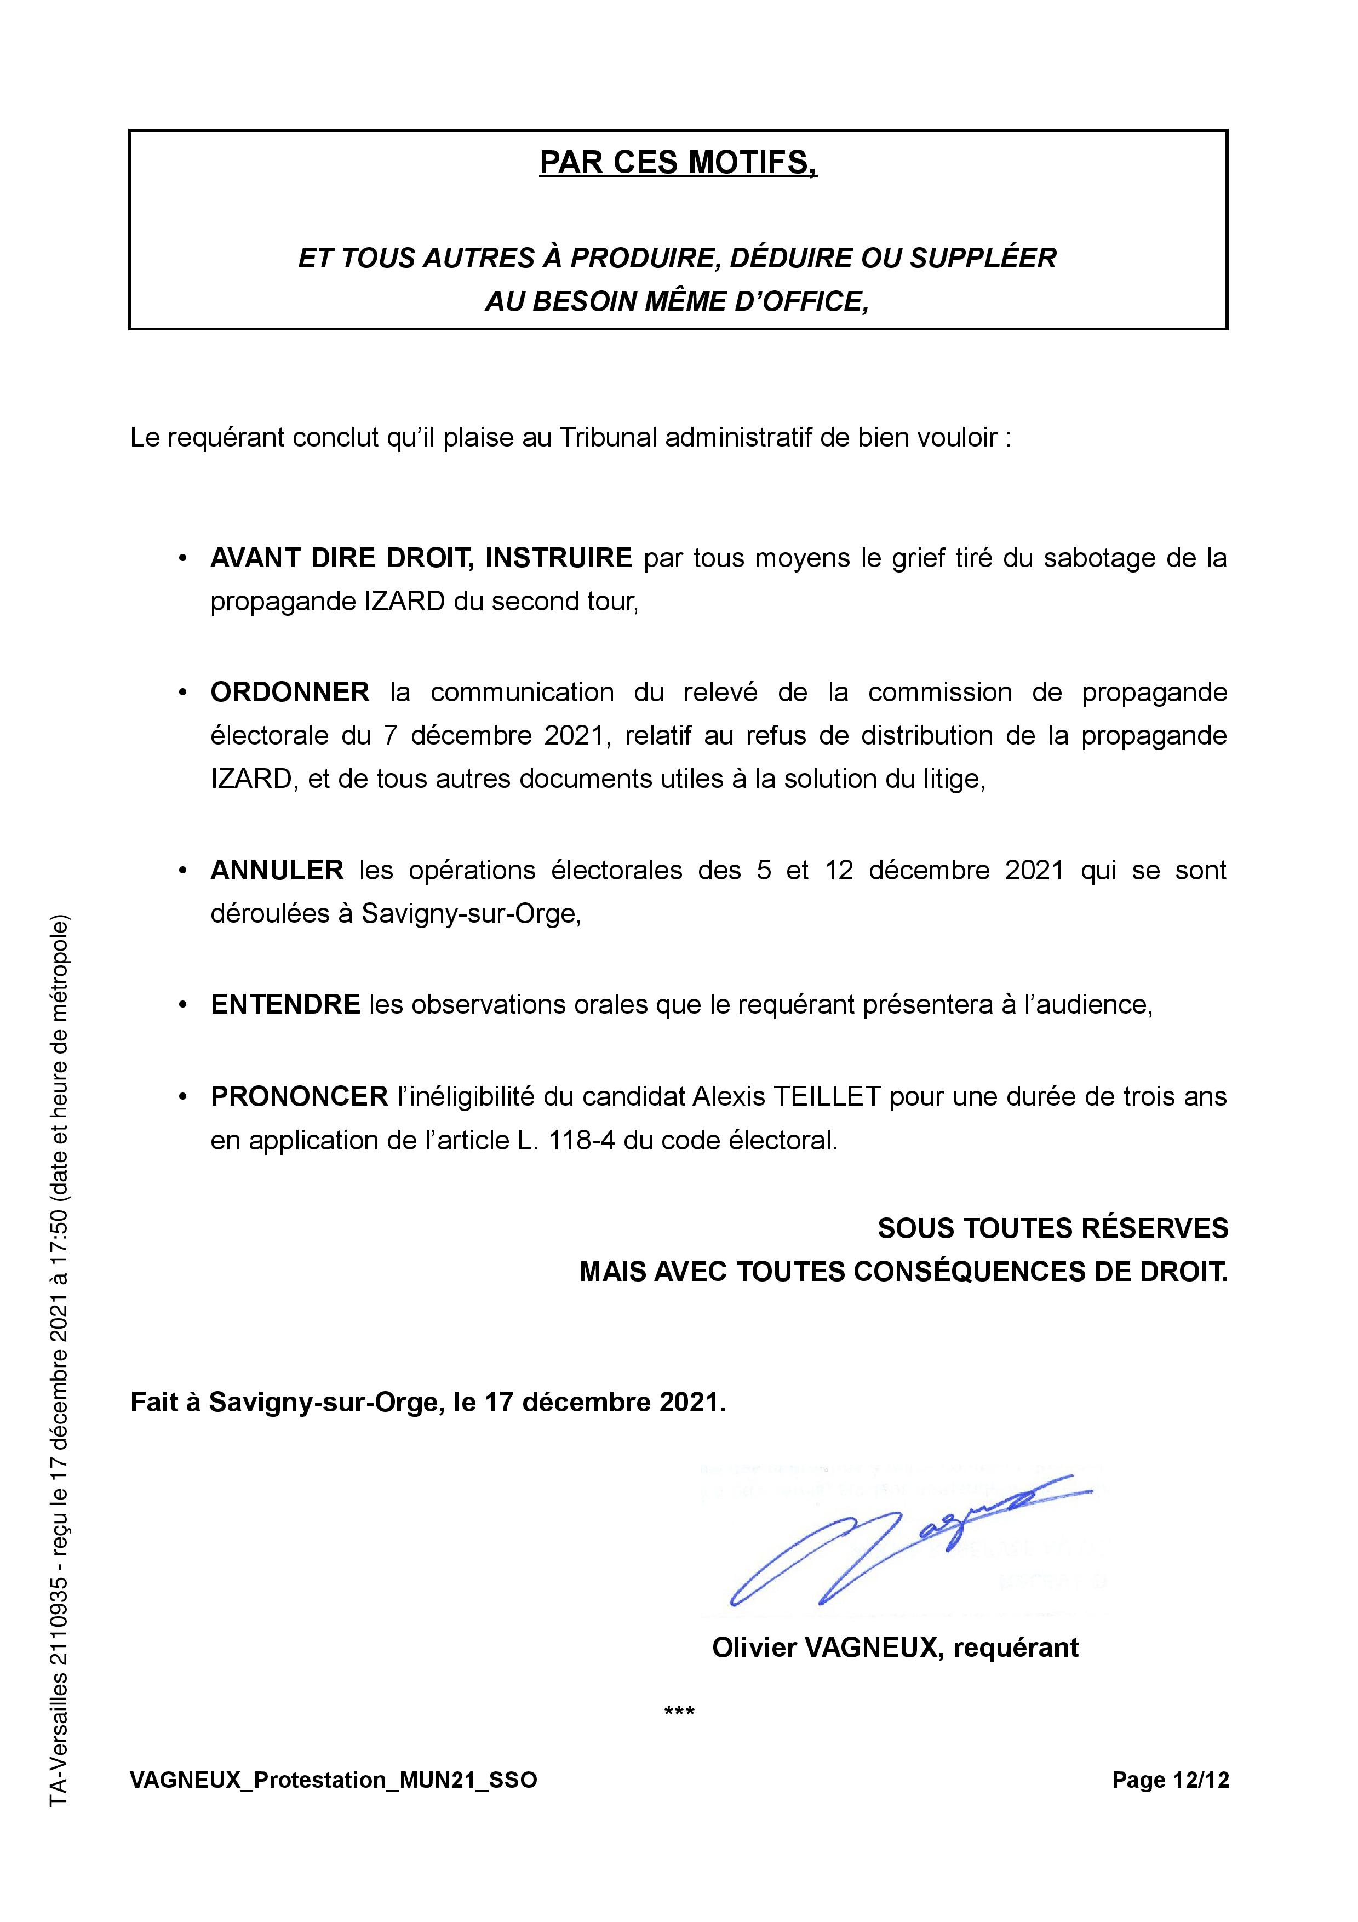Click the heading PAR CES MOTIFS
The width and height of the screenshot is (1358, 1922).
(x=678, y=162)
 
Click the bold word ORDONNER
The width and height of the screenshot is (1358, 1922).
(x=289, y=693)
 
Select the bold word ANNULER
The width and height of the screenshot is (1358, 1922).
(x=277, y=871)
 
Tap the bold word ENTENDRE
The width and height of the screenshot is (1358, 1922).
(x=285, y=1004)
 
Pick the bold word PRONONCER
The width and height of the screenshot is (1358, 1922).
(x=299, y=1097)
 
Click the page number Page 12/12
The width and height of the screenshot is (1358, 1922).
(x=1170, y=1780)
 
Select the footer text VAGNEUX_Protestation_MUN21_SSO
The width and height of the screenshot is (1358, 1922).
(x=333, y=1780)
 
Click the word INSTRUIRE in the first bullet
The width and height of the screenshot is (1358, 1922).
(x=558, y=558)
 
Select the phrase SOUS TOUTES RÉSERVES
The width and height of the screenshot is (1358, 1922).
(x=1052, y=1229)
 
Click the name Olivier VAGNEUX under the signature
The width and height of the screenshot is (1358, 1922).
(x=828, y=1648)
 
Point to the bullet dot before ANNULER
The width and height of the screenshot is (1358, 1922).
(x=182, y=871)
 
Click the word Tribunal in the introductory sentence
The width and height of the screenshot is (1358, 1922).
(x=606, y=437)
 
